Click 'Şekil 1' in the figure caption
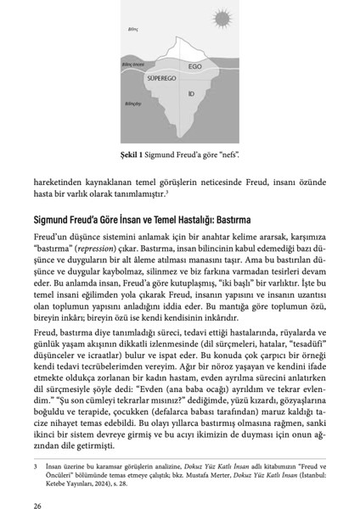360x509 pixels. tap(134, 155)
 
